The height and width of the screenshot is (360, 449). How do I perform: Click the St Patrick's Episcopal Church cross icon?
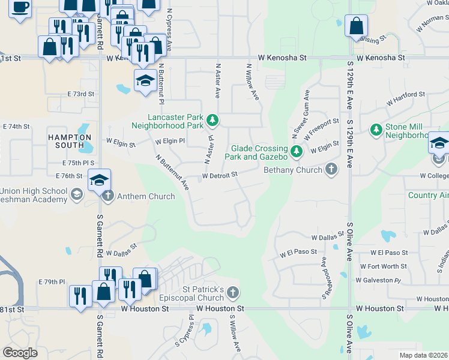coord(233,293)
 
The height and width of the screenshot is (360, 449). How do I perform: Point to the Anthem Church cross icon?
coord(108,196)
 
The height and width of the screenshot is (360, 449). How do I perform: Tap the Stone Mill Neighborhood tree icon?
coord(376,130)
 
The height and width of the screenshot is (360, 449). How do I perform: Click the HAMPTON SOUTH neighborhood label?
coord(66,141)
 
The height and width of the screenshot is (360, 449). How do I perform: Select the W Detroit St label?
coord(220,175)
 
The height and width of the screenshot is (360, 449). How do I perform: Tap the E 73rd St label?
coord(81,94)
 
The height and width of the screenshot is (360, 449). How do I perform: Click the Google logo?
coord(20,353)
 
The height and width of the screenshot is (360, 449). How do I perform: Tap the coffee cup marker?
coord(20,8)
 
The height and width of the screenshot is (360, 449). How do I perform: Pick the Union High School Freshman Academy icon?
coord(76,194)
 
